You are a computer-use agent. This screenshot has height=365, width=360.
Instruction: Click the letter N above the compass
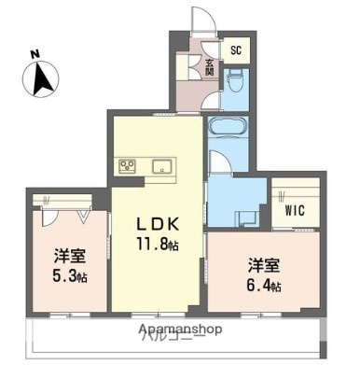(x=35, y=53)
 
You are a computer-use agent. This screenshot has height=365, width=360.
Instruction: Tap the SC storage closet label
(x=235, y=50)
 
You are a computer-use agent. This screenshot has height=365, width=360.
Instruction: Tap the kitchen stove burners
(x=127, y=168)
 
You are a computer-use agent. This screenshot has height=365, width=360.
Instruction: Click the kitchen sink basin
(x=162, y=168)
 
